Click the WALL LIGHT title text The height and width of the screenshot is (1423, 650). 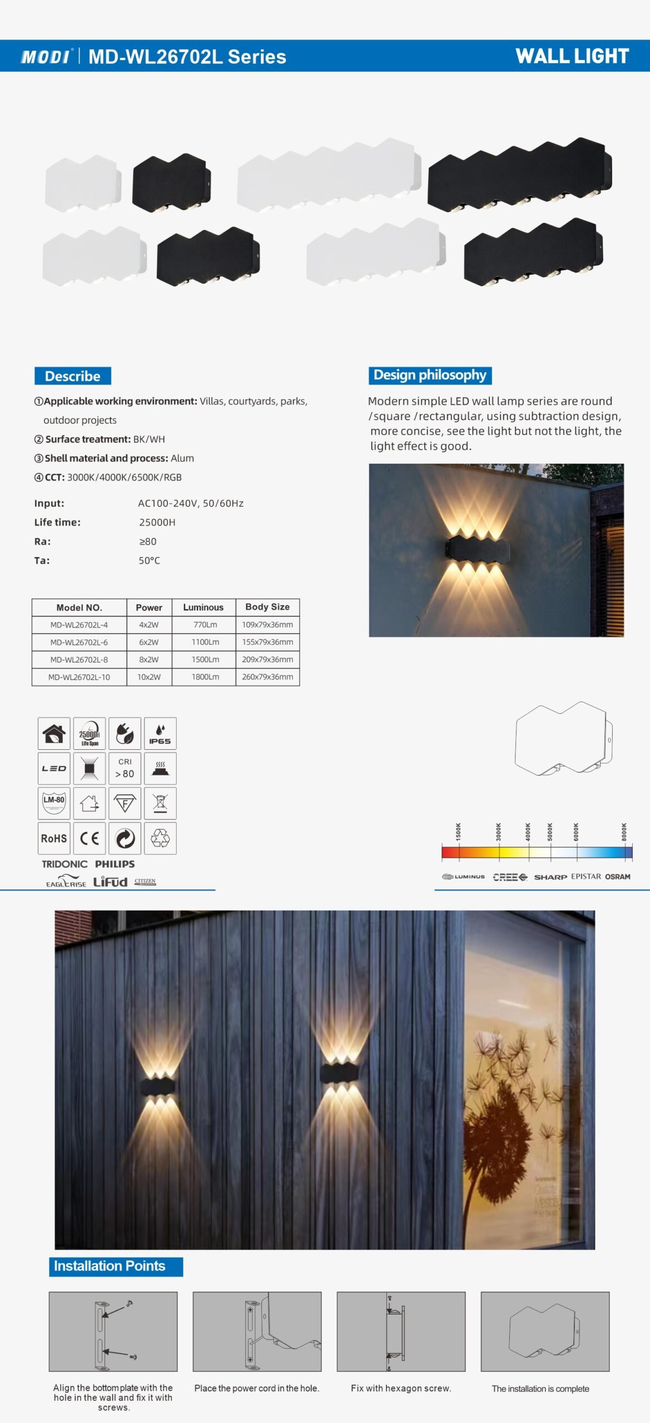coord(572,56)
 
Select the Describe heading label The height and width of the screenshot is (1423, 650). coord(72,376)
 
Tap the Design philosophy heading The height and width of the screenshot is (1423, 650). coord(430,375)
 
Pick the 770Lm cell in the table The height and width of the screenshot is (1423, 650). coord(205,625)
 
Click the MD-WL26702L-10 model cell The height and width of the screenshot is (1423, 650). coord(79,677)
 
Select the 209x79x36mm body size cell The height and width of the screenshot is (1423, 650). coord(267,660)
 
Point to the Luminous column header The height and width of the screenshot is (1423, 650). coord(204,608)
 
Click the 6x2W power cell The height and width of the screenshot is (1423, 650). coord(149,642)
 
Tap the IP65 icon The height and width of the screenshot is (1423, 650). coord(160,734)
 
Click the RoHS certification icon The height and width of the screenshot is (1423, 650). coord(54,838)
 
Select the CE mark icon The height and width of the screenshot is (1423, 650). coord(90,838)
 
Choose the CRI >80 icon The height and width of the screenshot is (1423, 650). coord(125,768)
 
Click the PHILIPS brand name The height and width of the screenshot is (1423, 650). coord(115,864)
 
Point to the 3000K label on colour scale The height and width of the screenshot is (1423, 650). coord(499,832)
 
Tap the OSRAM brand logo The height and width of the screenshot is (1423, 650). coord(618,877)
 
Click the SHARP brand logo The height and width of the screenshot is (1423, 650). coord(550,877)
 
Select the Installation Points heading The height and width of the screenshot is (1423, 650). coord(110,1266)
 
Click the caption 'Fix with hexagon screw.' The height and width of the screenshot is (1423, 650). coord(401,1389)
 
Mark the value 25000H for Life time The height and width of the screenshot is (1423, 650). coord(157,523)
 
